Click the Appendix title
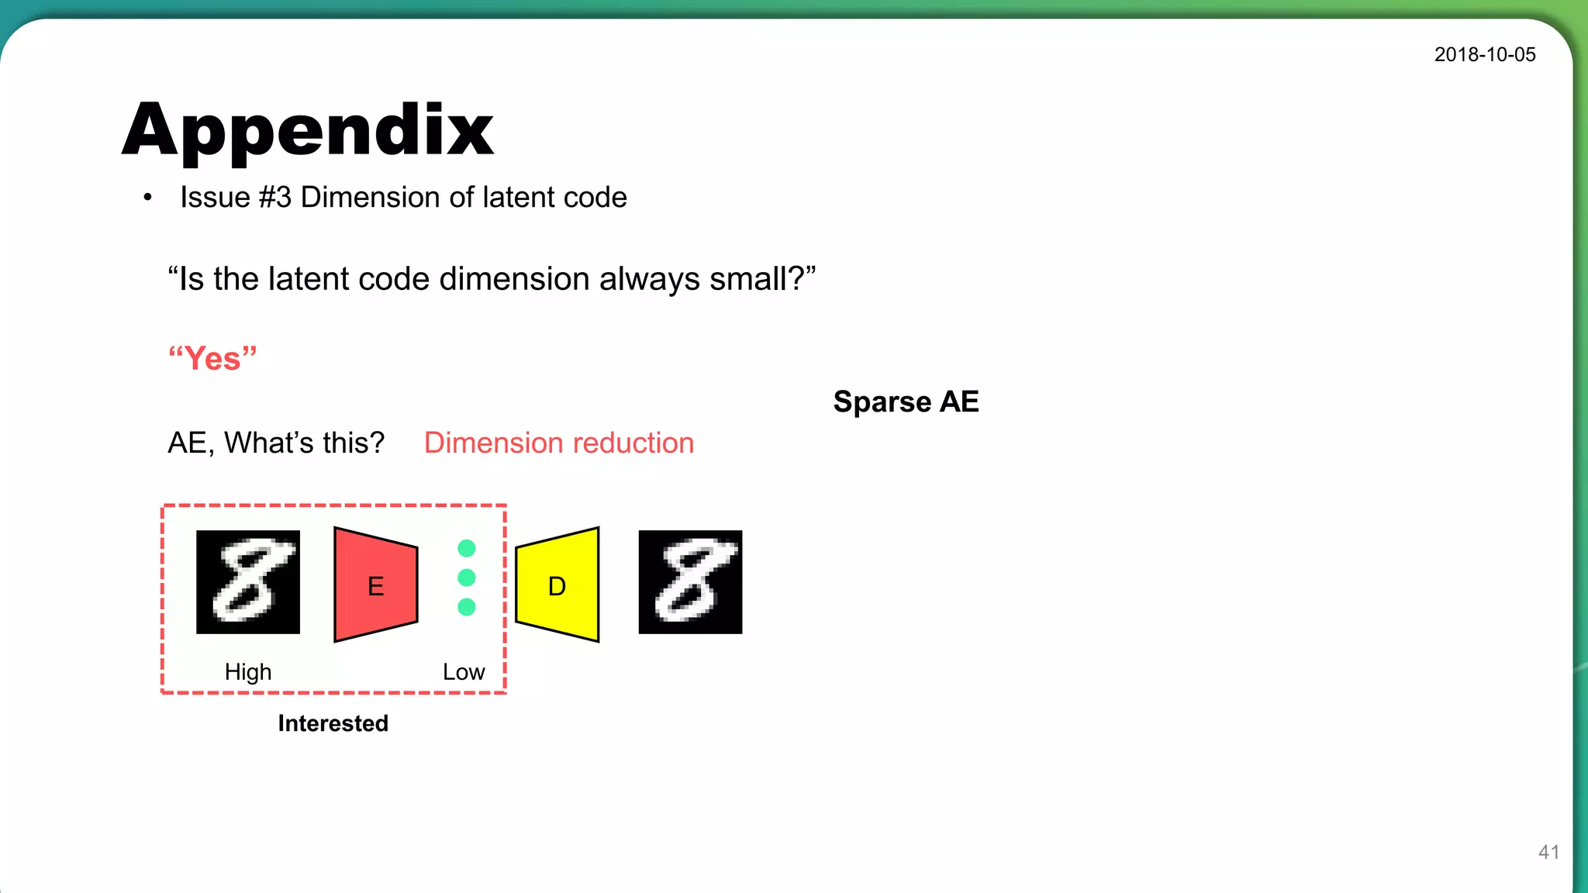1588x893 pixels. point(308,130)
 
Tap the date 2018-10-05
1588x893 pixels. point(1484,55)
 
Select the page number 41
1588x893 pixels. point(1548,852)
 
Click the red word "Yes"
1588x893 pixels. point(212,359)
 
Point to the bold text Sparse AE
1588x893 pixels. point(906,402)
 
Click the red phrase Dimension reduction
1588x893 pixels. point(558,443)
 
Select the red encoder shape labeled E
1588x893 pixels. point(375,585)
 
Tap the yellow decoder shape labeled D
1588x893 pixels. point(558,585)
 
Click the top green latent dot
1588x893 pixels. point(466,549)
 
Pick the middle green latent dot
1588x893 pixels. point(466,578)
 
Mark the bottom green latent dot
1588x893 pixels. point(466,607)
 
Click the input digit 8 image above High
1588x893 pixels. point(248,582)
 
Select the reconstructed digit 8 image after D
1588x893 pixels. point(690,582)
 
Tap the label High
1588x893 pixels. point(248,671)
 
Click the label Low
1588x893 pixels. point(464,671)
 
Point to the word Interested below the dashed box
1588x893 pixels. point(333,723)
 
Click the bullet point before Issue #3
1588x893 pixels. point(147,198)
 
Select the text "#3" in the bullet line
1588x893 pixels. point(275,198)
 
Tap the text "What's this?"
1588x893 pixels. point(304,443)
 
